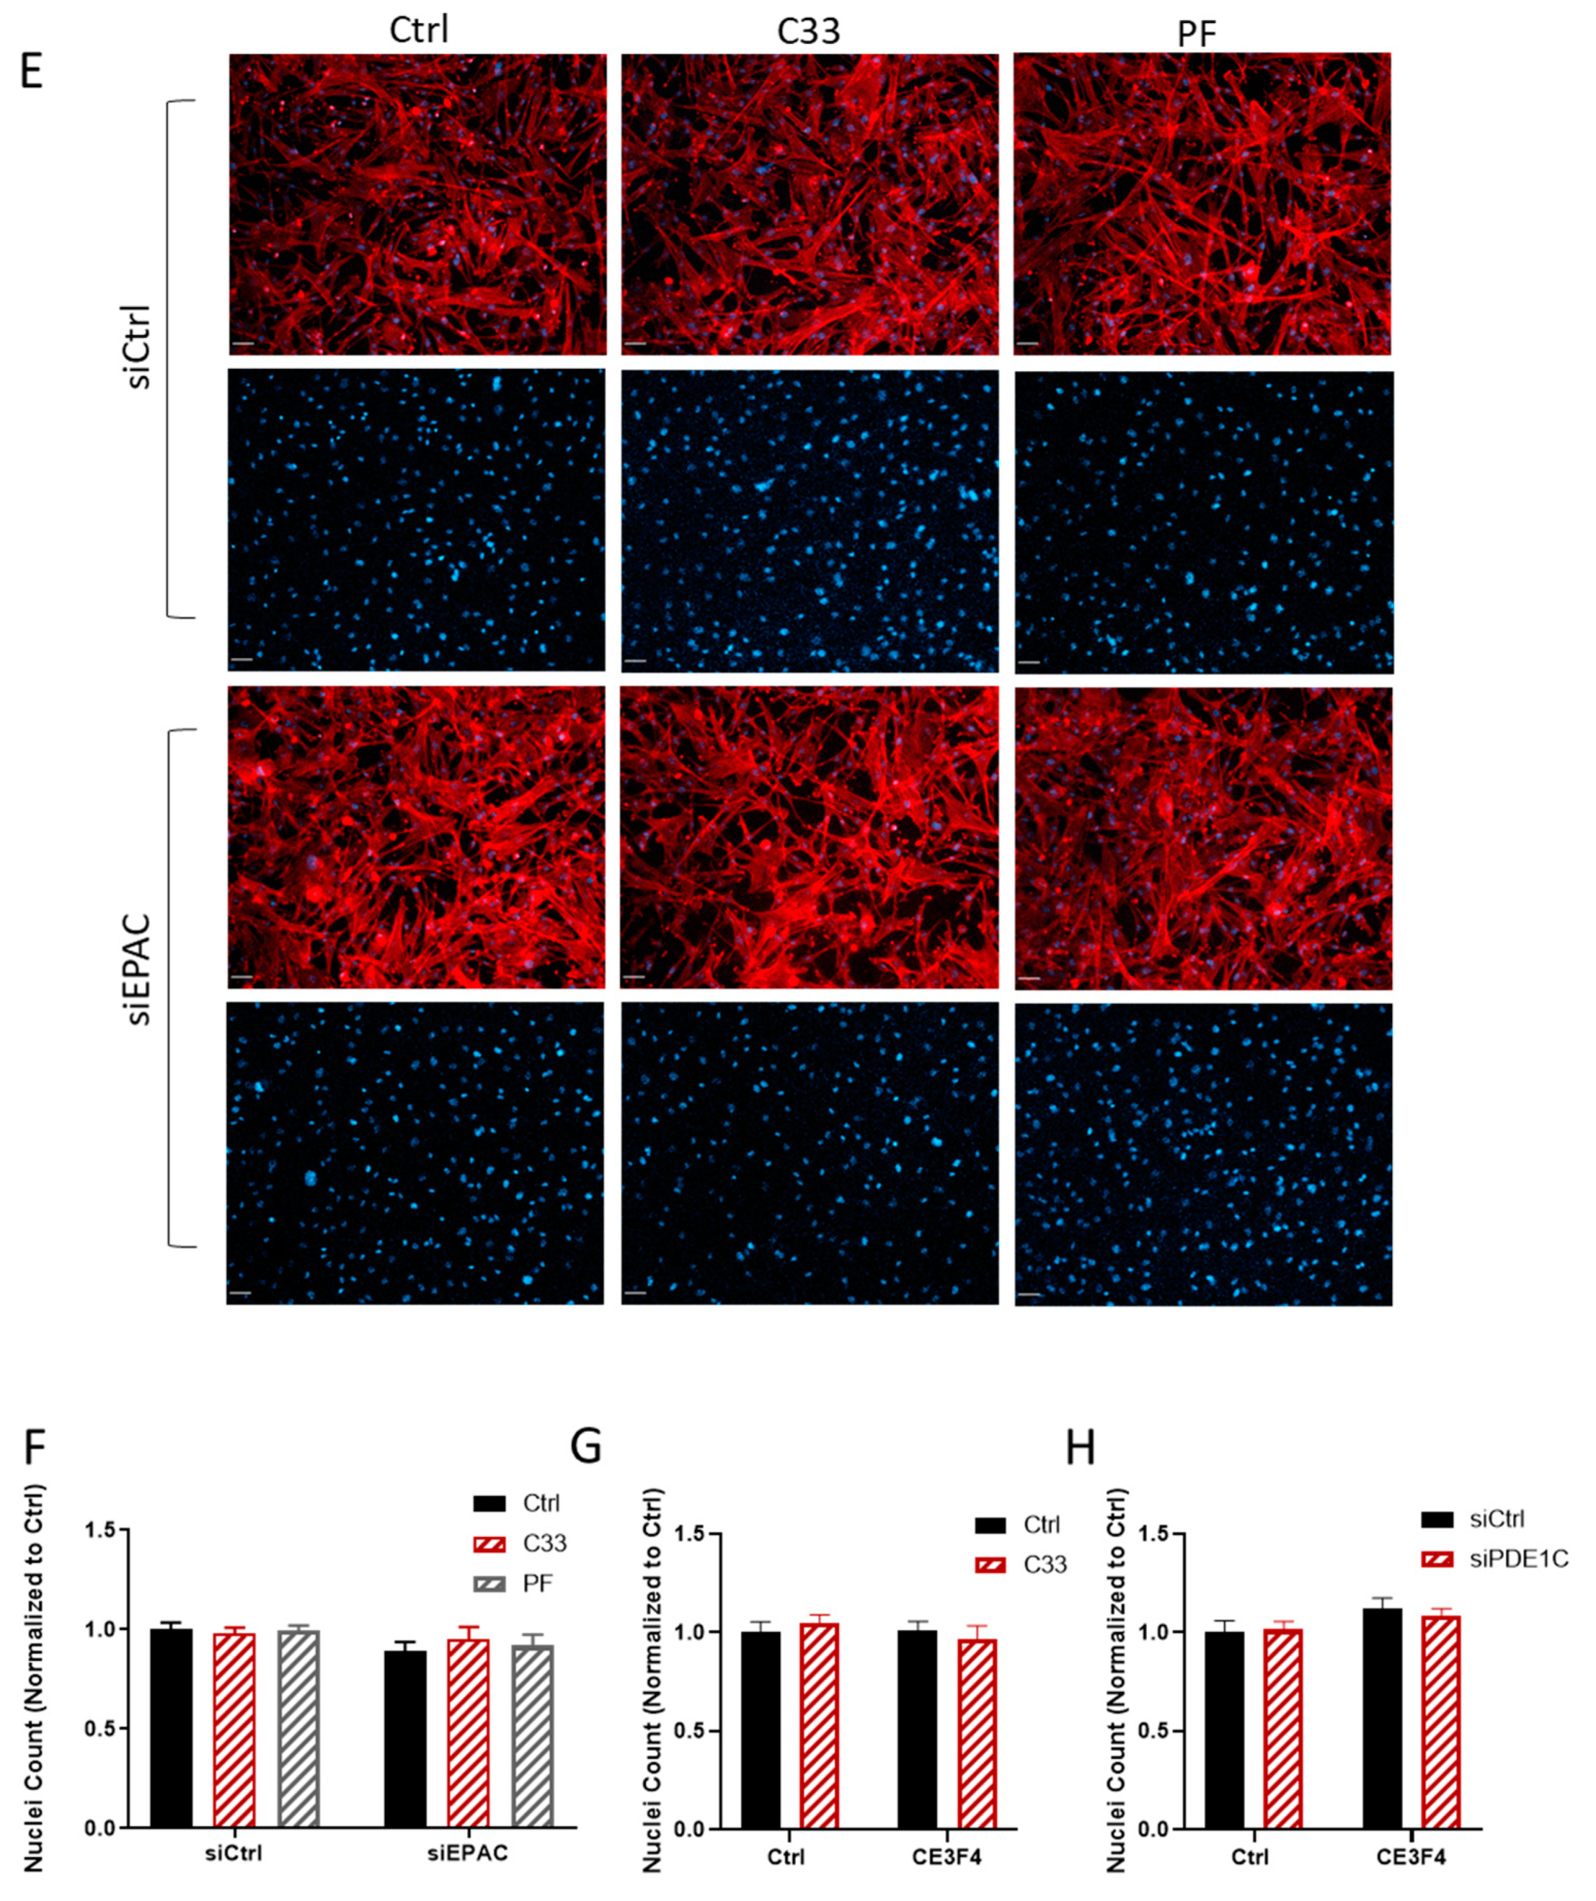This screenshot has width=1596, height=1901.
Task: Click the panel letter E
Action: (33, 72)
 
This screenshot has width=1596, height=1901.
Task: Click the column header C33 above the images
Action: (808, 32)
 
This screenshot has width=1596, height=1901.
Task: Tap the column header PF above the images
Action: (1196, 34)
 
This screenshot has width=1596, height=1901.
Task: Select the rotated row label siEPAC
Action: (141, 970)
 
